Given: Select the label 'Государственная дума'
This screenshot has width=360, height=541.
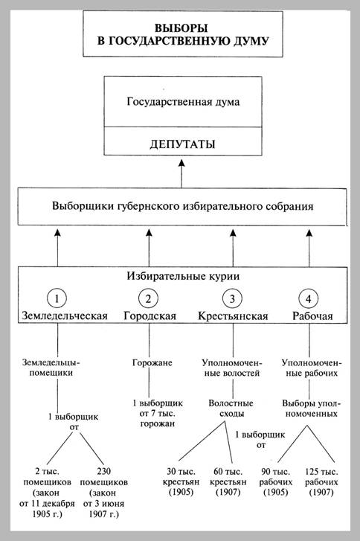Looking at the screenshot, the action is tap(183, 102).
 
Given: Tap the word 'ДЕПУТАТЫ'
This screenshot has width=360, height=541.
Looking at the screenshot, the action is tap(182, 144).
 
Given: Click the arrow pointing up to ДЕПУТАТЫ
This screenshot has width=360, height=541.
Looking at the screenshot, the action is tap(181, 173).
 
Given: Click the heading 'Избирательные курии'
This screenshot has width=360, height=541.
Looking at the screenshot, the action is tap(183, 276).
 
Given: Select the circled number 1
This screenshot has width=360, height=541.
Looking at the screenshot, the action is tap(57, 298).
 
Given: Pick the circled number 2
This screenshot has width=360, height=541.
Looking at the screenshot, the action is tap(148, 298).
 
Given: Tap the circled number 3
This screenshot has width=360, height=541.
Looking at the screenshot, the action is tap(232, 298).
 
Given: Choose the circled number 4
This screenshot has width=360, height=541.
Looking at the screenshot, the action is tap(309, 298).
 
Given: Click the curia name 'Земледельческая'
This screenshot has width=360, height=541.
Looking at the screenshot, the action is tap(65, 316).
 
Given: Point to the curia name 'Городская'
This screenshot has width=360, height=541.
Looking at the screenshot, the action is tap(150, 316).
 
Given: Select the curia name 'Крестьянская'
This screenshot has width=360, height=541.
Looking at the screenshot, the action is tap(233, 316).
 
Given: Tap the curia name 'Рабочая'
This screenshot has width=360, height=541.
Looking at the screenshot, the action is tap(312, 316).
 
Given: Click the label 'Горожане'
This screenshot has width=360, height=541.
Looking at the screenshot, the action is tap(152, 362).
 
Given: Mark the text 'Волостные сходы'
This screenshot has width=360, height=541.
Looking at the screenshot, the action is tap(231, 408).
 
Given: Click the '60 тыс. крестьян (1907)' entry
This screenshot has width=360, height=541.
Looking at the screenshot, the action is tap(228, 481).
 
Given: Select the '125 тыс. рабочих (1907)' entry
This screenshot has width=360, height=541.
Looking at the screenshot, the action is tap(321, 481).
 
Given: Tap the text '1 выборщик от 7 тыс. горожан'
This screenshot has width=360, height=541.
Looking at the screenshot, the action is tap(158, 413).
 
